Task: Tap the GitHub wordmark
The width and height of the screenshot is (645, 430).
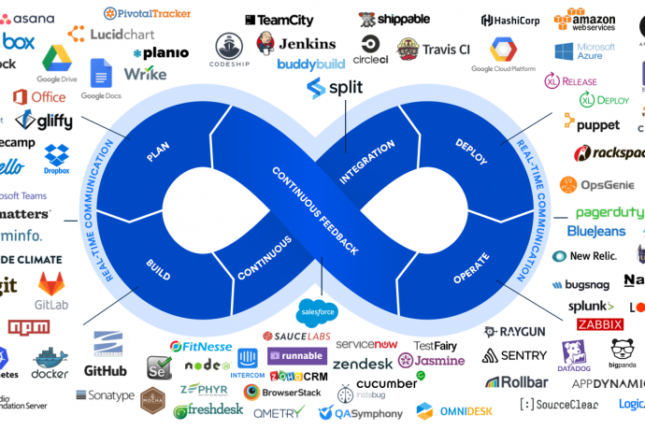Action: tap(105, 370)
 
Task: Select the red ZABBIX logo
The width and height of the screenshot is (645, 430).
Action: tap(600, 323)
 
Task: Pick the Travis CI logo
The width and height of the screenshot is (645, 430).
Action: tap(433, 49)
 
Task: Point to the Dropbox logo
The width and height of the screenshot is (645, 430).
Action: tap(57, 158)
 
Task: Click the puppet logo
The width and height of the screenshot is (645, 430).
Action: tap(591, 122)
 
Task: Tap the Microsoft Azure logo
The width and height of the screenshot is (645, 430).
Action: tap(585, 51)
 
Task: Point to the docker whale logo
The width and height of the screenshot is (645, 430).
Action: tap(50, 337)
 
